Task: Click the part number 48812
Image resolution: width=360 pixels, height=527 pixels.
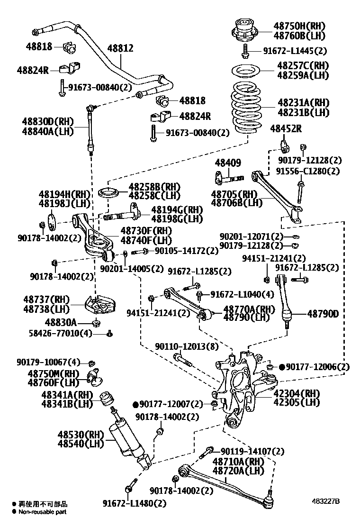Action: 120,48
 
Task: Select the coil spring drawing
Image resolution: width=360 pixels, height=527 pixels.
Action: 246,108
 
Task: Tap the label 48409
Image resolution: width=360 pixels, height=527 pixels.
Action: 228,163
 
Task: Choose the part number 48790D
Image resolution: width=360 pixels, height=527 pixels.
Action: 323,313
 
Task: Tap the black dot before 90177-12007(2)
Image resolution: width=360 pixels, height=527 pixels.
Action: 135,404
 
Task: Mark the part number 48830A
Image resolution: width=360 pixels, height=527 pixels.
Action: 61,322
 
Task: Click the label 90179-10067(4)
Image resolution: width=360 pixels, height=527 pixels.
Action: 54,363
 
